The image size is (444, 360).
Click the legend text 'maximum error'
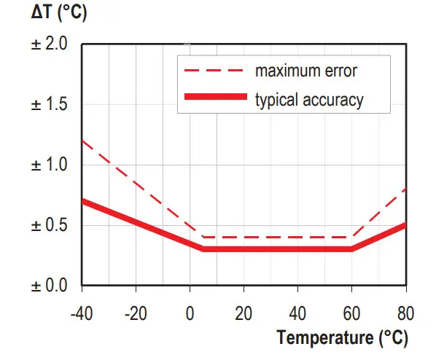click(x=305, y=71)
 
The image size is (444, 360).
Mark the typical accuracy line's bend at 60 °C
click(x=352, y=249)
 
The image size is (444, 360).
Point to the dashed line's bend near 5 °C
click(x=203, y=237)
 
